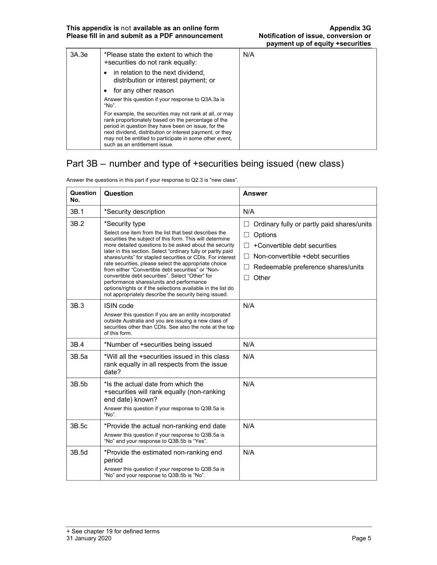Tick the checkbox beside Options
(x=246, y=235)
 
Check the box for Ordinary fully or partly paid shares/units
(x=246, y=224)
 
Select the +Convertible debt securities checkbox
(x=246, y=246)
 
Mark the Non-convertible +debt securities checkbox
(x=246, y=257)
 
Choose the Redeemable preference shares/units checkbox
(x=246, y=267)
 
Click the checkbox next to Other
(x=246, y=278)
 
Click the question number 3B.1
(x=77, y=212)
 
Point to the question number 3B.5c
(x=79, y=426)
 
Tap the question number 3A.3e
(x=79, y=55)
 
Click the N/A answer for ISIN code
(x=249, y=306)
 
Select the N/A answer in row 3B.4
(x=249, y=344)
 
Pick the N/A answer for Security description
(x=249, y=212)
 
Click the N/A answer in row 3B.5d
(x=249, y=452)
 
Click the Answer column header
(x=255, y=193)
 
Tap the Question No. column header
(x=83, y=196)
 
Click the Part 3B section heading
(x=205, y=163)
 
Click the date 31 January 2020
(x=89, y=538)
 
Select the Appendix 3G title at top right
(x=350, y=28)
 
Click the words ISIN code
(x=118, y=306)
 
